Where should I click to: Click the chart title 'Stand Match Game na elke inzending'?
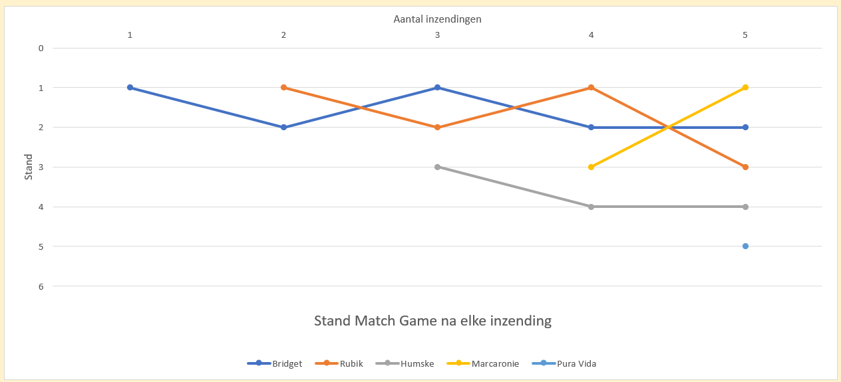click(x=432, y=321)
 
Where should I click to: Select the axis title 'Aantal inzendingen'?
click(x=437, y=19)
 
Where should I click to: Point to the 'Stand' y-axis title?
click(x=29, y=167)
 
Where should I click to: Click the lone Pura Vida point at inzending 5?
click(x=745, y=246)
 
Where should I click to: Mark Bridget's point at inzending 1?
click(x=130, y=88)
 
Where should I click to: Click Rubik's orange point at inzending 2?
click(x=284, y=88)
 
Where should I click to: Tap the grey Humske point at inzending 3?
click(x=438, y=167)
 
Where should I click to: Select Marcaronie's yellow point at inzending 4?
click(x=591, y=167)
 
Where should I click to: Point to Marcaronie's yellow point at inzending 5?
click(x=745, y=88)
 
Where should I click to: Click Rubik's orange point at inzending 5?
click(x=745, y=167)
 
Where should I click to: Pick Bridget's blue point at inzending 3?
click(x=438, y=88)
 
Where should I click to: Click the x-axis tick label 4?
click(x=591, y=35)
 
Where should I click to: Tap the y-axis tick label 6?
click(x=41, y=286)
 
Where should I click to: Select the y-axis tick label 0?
click(x=41, y=48)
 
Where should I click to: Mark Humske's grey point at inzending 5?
click(x=745, y=207)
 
